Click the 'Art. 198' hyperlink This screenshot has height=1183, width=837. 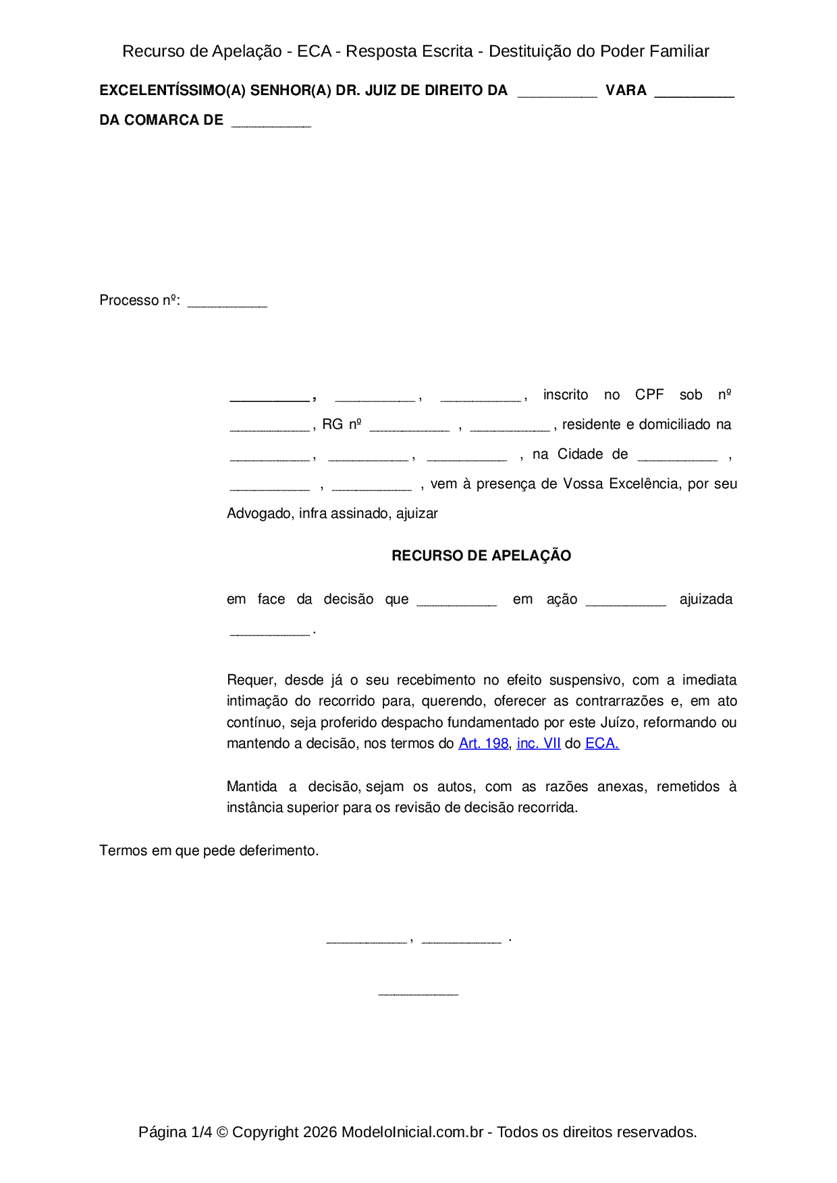tap(483, 743)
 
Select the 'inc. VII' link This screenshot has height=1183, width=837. tap(539, 743)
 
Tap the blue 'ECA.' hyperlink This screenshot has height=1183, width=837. tap(602, 743)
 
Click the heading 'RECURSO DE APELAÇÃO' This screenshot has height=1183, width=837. tap(481, 556)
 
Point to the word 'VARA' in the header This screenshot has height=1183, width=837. tap(626, 90)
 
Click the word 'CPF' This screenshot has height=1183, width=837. tap(649, 395)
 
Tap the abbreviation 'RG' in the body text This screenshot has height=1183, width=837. tap(333, 424)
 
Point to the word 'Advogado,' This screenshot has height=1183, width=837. tap(260, 513)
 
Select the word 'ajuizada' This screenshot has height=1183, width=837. tap(705, 599)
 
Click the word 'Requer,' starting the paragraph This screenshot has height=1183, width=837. tap(251, 680)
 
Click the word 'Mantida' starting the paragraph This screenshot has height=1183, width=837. tap(252, 786)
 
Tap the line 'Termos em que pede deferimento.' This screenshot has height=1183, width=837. tap(209, 850)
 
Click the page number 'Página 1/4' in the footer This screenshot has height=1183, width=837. tap(175, 1132)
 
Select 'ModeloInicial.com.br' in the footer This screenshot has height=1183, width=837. tap(412, 1132)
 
